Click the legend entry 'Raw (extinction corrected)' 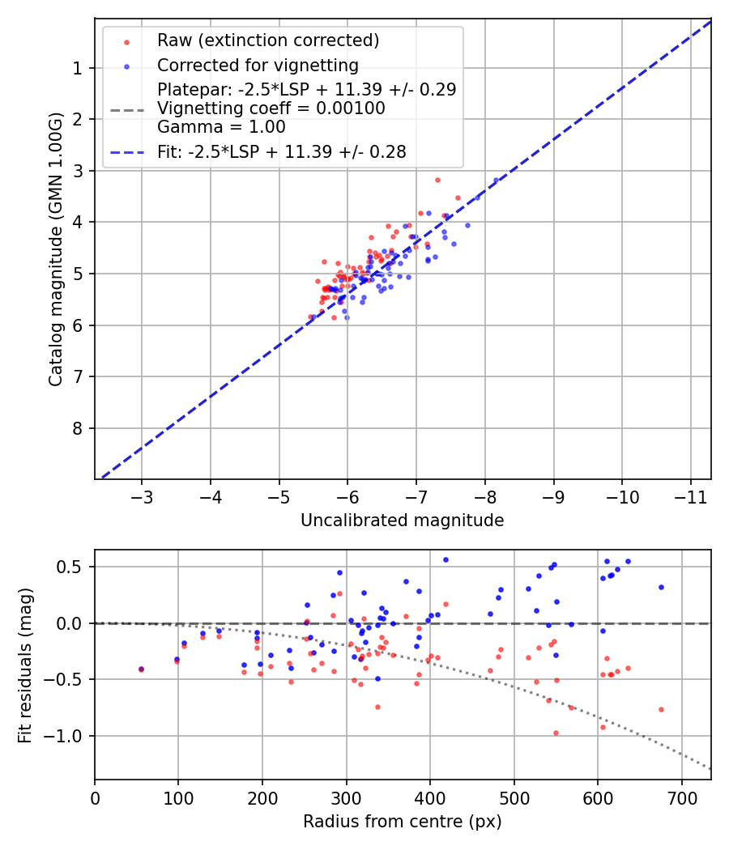(267, 40)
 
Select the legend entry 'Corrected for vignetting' (258, 65)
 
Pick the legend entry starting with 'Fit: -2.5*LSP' (282, 151)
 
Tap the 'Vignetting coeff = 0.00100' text (271, 108)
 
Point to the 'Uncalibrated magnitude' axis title (402, 521)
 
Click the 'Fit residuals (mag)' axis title (25, 665)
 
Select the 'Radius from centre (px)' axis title (402, 822)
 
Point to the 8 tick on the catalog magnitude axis (79, 428)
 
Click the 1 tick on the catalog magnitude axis (79, 68)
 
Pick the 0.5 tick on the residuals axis (73, 567)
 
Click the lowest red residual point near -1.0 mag (556, 733)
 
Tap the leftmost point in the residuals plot (141, 669)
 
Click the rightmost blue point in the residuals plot (661, 587)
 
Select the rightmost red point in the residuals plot (661, 709)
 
